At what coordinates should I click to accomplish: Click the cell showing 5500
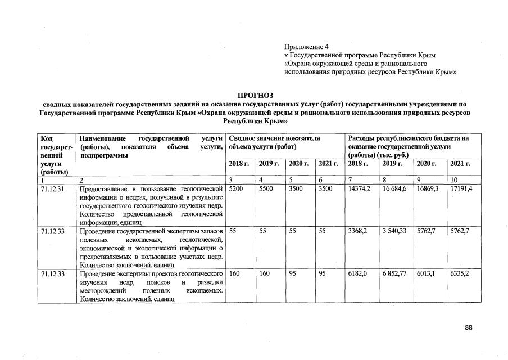pyautogui.click(x=266, y=189)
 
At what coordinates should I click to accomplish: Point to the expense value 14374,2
pyautogui.click(x=360, y=189)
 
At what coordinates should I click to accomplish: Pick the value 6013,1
pyautogui.click(x=427, y=273)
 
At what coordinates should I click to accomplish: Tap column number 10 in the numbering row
pyautogui.click(x=453, y=180)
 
